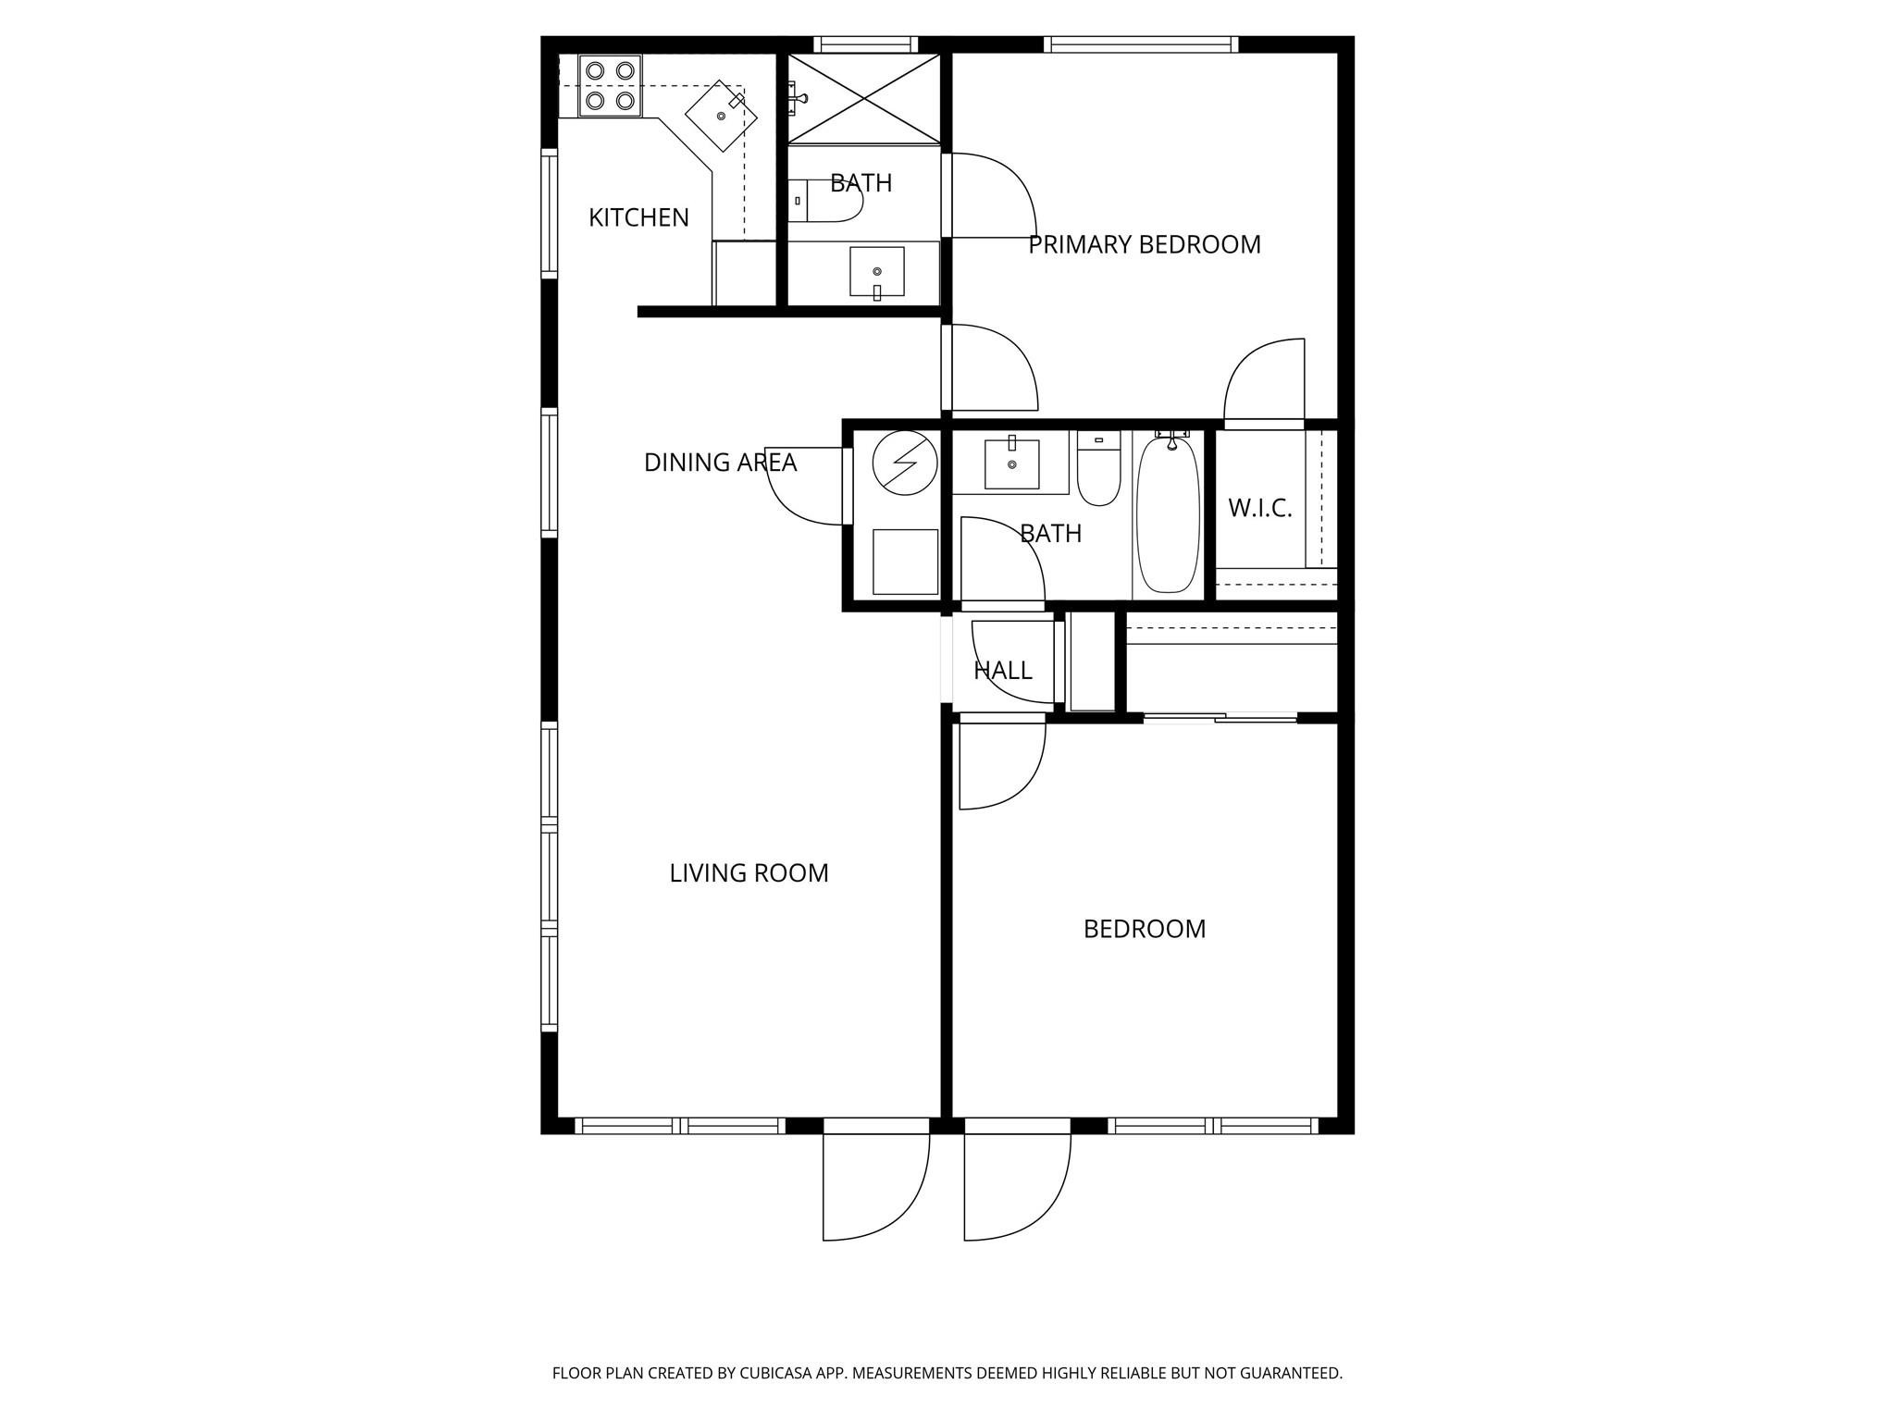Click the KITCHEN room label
(638, 217)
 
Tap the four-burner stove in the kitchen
(610, 85)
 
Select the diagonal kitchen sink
(721, 116)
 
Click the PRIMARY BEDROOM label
(1145, 244)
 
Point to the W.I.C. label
(1259, 508)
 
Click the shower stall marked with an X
(862, 98)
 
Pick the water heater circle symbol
(904, 462)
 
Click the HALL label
(1002, 670)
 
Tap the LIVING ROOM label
(749, 873)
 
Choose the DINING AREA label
(720, 462)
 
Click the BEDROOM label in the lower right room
(1145, 929)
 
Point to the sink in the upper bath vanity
(876, 271)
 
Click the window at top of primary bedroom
(1141, 44)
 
